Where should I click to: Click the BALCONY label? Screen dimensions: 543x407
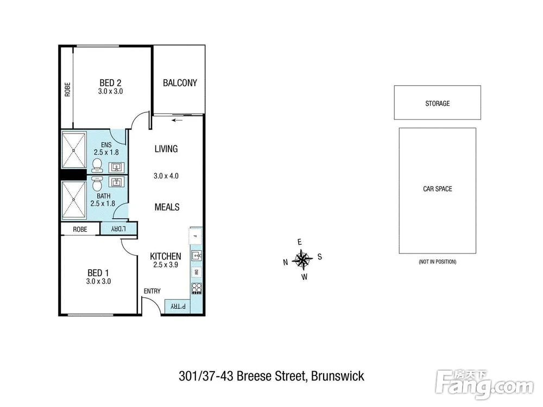(180, 83)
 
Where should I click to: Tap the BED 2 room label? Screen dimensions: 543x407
(110, 83)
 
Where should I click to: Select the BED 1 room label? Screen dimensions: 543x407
(98, 273)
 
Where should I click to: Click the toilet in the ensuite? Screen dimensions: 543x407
(97, 166)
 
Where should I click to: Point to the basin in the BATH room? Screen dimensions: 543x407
(116, 182)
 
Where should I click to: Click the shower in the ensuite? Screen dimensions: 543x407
(74, 150)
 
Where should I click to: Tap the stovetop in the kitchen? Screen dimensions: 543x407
(197, 289)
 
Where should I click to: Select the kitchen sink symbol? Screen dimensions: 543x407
(197, 256)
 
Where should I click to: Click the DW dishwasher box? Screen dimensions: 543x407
(196, 272)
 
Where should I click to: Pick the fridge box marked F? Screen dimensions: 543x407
(196, 237)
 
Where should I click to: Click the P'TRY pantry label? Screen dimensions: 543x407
(178, 307)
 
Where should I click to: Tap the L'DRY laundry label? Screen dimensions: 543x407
(118, 229)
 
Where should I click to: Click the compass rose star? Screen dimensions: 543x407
(302, 259)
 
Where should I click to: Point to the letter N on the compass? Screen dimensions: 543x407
(286, 262)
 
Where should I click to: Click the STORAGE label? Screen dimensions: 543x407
(437, 104)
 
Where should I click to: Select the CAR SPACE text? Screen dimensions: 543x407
(437, 189)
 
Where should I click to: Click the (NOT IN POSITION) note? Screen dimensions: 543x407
(437, 262)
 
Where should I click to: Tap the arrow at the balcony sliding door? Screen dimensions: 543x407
(176, 120)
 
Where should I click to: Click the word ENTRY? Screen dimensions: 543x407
(152, 291)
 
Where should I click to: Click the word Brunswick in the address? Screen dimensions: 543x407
(338, 376)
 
